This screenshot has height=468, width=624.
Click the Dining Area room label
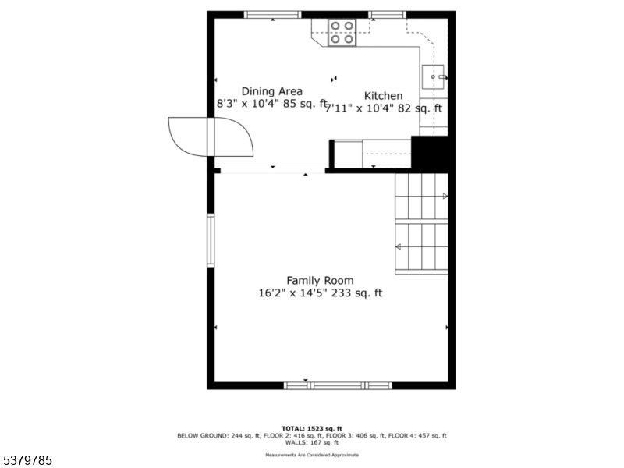(x=271, y=91)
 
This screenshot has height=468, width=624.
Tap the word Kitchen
(x=384, y=96)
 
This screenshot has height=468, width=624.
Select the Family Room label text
(x=320, y=280)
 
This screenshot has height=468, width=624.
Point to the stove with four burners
(x=341, y=32)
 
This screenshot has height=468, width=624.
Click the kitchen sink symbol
(x=434, y=77)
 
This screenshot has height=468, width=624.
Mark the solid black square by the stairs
(x=430, y=153)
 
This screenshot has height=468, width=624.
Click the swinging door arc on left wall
(x=231, y=136)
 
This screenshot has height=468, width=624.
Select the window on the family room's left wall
(x=211, y=240)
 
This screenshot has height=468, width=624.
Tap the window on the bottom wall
(x=338, y=385)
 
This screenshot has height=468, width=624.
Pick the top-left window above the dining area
(x=273, y=14)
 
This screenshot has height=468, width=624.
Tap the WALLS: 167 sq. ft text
(x=311, y=442)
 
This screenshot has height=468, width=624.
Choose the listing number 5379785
(x=27, y=461)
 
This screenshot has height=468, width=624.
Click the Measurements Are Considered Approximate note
(x=311, y=454)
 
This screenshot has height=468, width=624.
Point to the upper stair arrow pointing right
(x=445, y=197)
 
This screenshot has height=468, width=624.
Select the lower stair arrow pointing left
(x=398, y=246)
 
